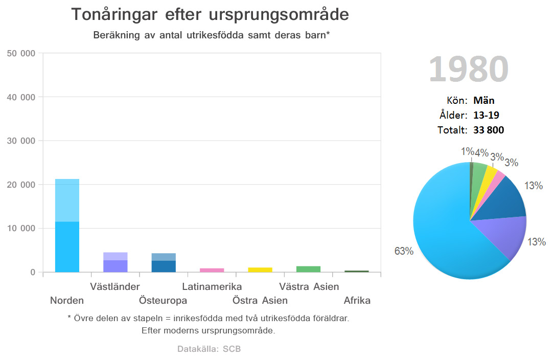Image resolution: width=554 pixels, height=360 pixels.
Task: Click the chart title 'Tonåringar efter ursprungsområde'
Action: click(210, 14)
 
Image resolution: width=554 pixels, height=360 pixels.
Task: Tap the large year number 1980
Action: click(468, 69)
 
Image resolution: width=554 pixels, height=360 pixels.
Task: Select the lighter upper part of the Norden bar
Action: click(67, 200)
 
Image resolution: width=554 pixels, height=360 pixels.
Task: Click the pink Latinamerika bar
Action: click(212, 270)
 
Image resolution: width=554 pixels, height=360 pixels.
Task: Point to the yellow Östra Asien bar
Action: click(260, 269)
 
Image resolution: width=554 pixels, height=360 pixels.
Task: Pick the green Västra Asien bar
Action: click(308, 269)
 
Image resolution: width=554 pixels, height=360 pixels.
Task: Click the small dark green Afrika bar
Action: click(356, 271)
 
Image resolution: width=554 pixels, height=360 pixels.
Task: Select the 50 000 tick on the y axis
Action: click(21, 53)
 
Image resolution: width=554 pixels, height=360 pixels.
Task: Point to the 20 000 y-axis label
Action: click(21, 185)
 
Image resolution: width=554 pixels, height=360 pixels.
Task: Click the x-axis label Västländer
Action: click(115, 286)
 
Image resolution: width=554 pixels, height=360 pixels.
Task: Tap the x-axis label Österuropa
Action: click(163, 300)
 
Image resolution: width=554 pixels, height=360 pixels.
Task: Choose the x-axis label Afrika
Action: click(357, 300)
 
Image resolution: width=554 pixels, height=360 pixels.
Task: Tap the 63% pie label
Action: click(403, 251)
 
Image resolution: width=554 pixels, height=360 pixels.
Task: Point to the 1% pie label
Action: click(467, 151)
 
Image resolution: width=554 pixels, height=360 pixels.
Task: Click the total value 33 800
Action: click(488, 130)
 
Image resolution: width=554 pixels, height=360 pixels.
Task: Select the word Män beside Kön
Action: click(483, 101)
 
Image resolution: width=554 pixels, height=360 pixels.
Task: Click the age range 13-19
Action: click(486, 115)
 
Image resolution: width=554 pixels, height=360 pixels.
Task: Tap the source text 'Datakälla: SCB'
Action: click(209, 349)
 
